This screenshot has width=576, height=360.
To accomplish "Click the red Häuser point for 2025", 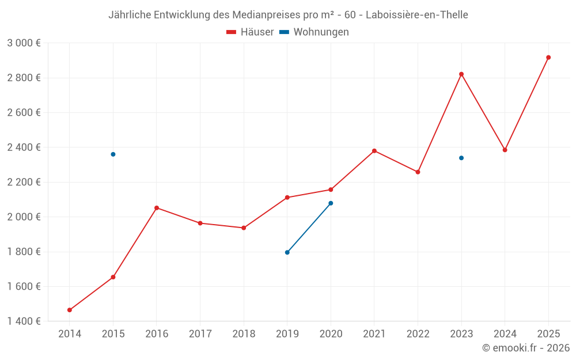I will click(548, 58).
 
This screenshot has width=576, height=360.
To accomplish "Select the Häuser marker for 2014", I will click(70, 310).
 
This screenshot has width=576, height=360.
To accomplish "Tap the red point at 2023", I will click(461, 74).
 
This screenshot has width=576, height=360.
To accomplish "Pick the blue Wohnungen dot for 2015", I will click(113, 154).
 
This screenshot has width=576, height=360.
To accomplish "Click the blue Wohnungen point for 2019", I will click(287, 252).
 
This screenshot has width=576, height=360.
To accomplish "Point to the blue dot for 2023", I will click(461, 158).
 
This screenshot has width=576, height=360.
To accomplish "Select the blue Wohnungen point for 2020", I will click(331, 203).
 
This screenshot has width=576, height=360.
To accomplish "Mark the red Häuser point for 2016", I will click(157, 208).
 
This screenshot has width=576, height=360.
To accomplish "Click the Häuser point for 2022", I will click(418, 172).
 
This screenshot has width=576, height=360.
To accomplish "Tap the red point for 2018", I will click(244, 228).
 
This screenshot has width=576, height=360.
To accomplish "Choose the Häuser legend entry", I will click(250, 32).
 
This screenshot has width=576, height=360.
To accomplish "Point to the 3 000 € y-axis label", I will click(24, 43).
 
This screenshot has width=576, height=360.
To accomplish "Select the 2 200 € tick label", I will click(24, 182).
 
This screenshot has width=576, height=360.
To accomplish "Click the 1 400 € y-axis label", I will click(24, 321).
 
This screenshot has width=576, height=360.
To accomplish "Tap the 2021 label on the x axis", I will click(374, 334).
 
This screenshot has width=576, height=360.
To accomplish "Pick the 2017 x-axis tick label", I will click(200, 334).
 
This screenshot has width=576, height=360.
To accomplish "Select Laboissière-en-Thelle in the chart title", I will click(417, 14).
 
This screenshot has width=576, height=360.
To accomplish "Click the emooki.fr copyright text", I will click(526, 348).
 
